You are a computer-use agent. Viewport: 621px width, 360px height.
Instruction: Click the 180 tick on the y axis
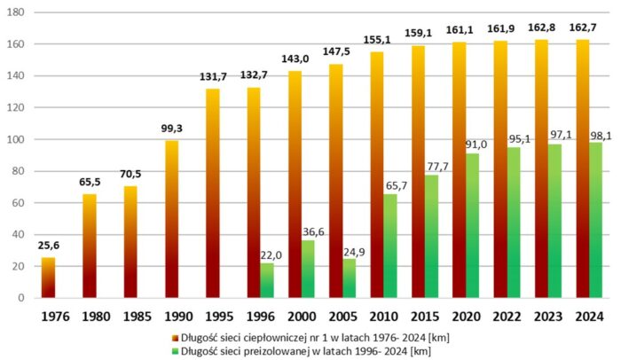click(x=16, y=12)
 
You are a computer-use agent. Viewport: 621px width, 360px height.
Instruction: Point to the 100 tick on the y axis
click(x=16, y=139)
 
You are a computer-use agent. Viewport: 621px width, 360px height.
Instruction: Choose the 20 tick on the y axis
click(x=20, y=266)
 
